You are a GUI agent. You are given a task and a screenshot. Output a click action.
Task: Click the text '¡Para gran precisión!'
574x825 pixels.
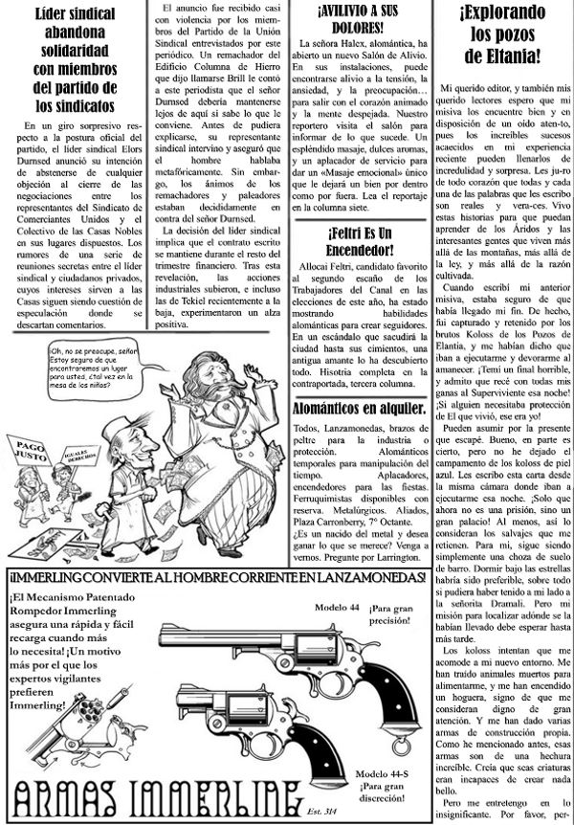pos(394,614)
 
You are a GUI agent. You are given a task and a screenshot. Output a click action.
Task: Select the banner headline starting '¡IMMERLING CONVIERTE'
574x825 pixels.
pos(216,580)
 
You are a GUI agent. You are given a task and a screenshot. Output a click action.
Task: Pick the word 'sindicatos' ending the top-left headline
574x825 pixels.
pos(76,100)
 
